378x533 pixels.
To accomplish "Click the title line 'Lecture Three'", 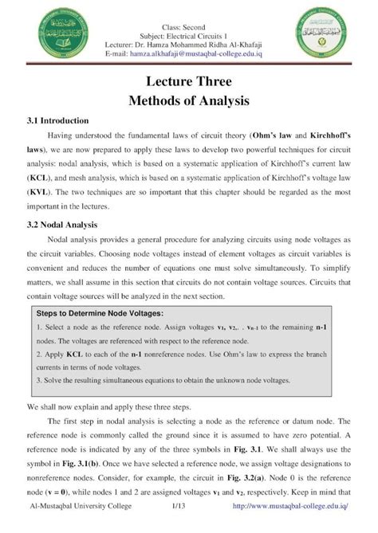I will (188, 82).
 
